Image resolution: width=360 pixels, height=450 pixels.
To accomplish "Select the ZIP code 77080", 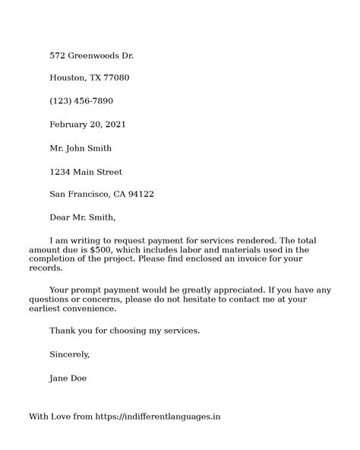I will point(115,78).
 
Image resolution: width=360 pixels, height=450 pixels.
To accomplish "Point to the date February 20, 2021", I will point(87,125).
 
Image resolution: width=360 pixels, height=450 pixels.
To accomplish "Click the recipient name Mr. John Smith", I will point(81,147).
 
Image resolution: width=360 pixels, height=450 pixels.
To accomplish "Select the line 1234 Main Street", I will point(86,171).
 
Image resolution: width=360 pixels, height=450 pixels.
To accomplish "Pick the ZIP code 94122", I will point(141,194).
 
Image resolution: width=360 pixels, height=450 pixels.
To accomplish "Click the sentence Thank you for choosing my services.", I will point(125,331).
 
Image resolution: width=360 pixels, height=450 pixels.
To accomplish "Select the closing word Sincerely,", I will point(70,354).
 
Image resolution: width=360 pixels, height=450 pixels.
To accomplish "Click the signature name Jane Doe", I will point(68,377).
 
